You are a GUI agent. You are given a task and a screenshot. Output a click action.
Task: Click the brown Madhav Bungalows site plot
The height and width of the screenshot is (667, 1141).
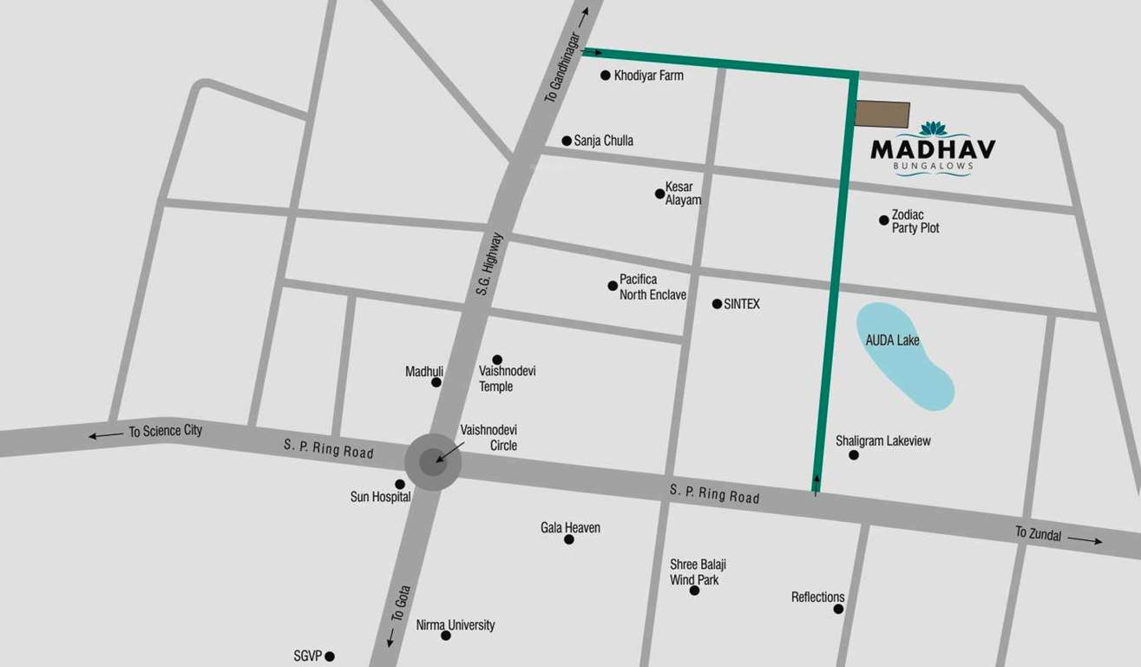click(x=883, y=114)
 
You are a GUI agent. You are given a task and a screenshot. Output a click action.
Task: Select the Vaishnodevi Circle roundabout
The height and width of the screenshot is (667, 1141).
click(x=433, y=462)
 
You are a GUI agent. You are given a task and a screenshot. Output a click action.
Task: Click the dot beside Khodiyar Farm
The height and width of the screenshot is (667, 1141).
click(x=606, y=76)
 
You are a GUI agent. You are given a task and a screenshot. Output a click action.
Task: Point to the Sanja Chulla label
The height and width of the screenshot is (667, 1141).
click(x=603, y=141)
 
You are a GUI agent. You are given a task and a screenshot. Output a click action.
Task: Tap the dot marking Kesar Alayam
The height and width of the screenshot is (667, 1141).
click(x=659, y=194)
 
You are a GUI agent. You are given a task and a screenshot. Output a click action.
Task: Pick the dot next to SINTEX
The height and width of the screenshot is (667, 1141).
click(x=717, y=304)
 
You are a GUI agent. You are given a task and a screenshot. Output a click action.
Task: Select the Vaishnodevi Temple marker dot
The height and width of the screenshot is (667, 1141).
click(x=497, y=360)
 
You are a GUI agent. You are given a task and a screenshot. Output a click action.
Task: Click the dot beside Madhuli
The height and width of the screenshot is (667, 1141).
click(x=436, y=382)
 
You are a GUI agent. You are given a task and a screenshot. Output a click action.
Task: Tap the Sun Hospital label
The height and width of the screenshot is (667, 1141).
click(x=380, y=498)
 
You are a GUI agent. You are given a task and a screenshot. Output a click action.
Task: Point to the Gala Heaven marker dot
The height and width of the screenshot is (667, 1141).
click(x=569, y=539)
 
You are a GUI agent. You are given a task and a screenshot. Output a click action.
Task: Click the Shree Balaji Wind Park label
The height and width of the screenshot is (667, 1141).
click(x=698, y=572)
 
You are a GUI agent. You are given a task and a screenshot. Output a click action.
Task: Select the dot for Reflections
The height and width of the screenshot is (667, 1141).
click(x=838, y=609)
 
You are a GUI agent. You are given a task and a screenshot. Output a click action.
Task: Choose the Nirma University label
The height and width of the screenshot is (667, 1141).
click(x=456, y=625)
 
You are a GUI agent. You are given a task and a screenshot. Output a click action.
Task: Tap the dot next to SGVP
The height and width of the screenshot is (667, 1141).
click(x=330, y=657)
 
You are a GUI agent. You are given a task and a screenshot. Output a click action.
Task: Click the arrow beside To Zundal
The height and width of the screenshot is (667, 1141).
click(x=1085, y=540)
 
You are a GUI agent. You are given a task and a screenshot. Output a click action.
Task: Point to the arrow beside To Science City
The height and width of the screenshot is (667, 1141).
click(x=105, y=435)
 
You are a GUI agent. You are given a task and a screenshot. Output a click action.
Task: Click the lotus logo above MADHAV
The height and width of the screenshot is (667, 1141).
click(x=934, y=129)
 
